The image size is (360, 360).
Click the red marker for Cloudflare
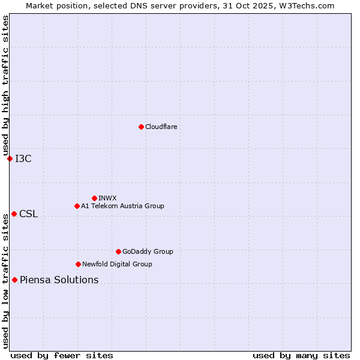coord(141,127)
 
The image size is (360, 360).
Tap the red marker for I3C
coord(10,158)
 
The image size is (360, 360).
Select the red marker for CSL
coord(14,214)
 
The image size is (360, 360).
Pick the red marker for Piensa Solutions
coord(14,280)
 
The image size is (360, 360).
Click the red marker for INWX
coord(94,198)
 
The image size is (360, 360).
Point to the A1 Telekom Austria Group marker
coord(77,206)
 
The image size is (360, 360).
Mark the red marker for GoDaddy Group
coord(118,251)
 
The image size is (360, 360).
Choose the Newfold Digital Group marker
coord(78,264)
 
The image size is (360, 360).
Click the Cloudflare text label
coord(161,127)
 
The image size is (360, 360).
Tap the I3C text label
coord(23,158)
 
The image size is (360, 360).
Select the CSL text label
coord(28,214)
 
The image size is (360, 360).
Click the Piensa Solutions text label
coord(59,280)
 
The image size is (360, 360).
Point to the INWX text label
coord(107,198)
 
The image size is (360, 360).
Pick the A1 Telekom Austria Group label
coord(122,206)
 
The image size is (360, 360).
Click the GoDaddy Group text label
coord(148,251)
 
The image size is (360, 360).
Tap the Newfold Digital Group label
coord(117,264)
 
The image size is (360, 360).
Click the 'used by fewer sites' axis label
coord(62,355)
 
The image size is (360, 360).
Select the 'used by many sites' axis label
coord(301,355)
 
